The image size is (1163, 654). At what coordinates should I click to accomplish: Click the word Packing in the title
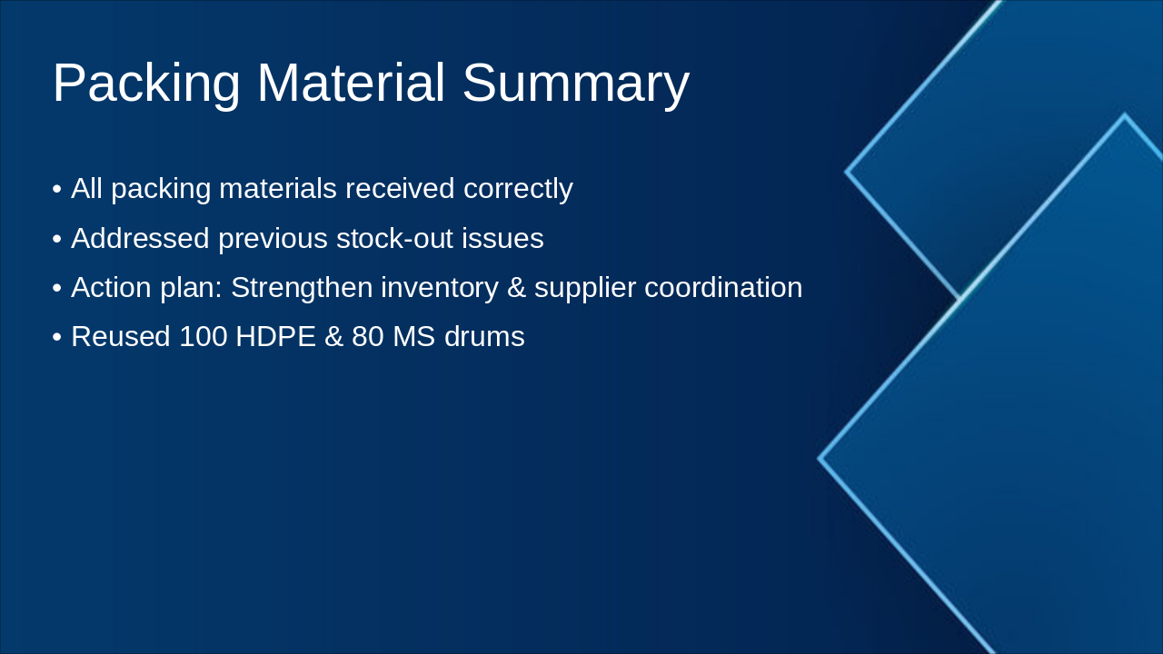coord(146,84)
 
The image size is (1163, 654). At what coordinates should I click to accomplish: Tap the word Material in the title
coord(351,83)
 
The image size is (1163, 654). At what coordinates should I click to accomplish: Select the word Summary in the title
coord(576,84)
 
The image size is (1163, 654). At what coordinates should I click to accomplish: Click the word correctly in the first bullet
coord(518,188)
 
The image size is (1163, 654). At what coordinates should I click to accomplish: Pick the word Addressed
coord(140,238)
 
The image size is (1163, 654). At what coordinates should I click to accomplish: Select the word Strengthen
coord(302,288)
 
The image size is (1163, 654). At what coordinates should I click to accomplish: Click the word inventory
coord(439,288)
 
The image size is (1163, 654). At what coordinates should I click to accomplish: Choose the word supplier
coord(585,288)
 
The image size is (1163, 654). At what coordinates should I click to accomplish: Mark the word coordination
coord(723,287)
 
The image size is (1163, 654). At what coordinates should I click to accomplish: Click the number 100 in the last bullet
coord(203,336)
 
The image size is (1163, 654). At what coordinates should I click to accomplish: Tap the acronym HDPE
coord(275,336)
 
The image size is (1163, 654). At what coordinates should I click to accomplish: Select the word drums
coord(484,336)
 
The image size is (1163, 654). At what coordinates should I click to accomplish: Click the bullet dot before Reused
coord(57,337)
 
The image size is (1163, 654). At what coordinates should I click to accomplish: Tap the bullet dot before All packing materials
coord(57,189)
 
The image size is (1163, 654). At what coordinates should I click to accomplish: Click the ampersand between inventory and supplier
coord(516,288)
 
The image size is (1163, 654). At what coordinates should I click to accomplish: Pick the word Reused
coord(121,336)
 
